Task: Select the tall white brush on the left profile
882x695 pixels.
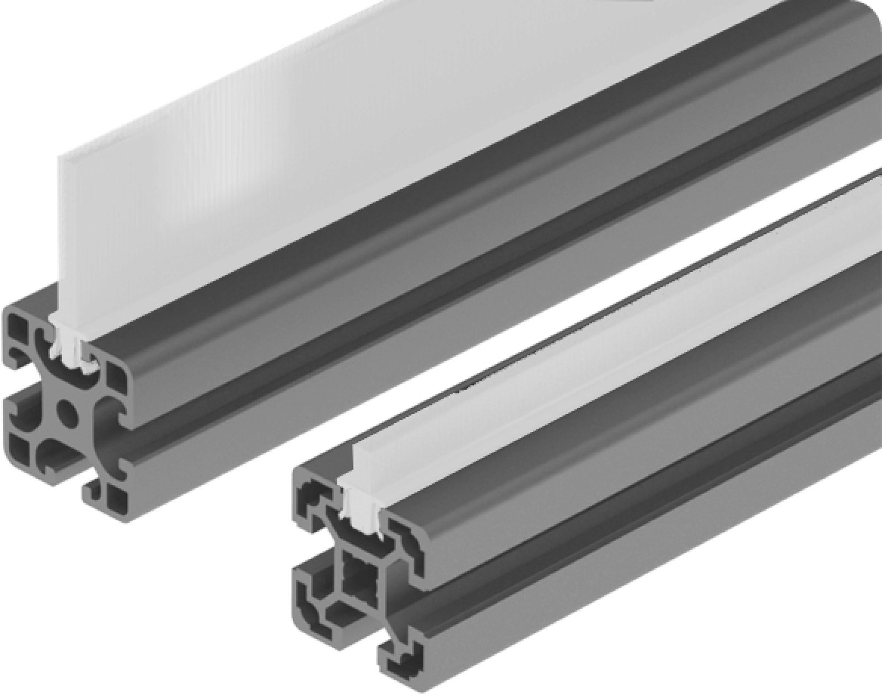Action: pyautogui.click(x=220, y=138)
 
